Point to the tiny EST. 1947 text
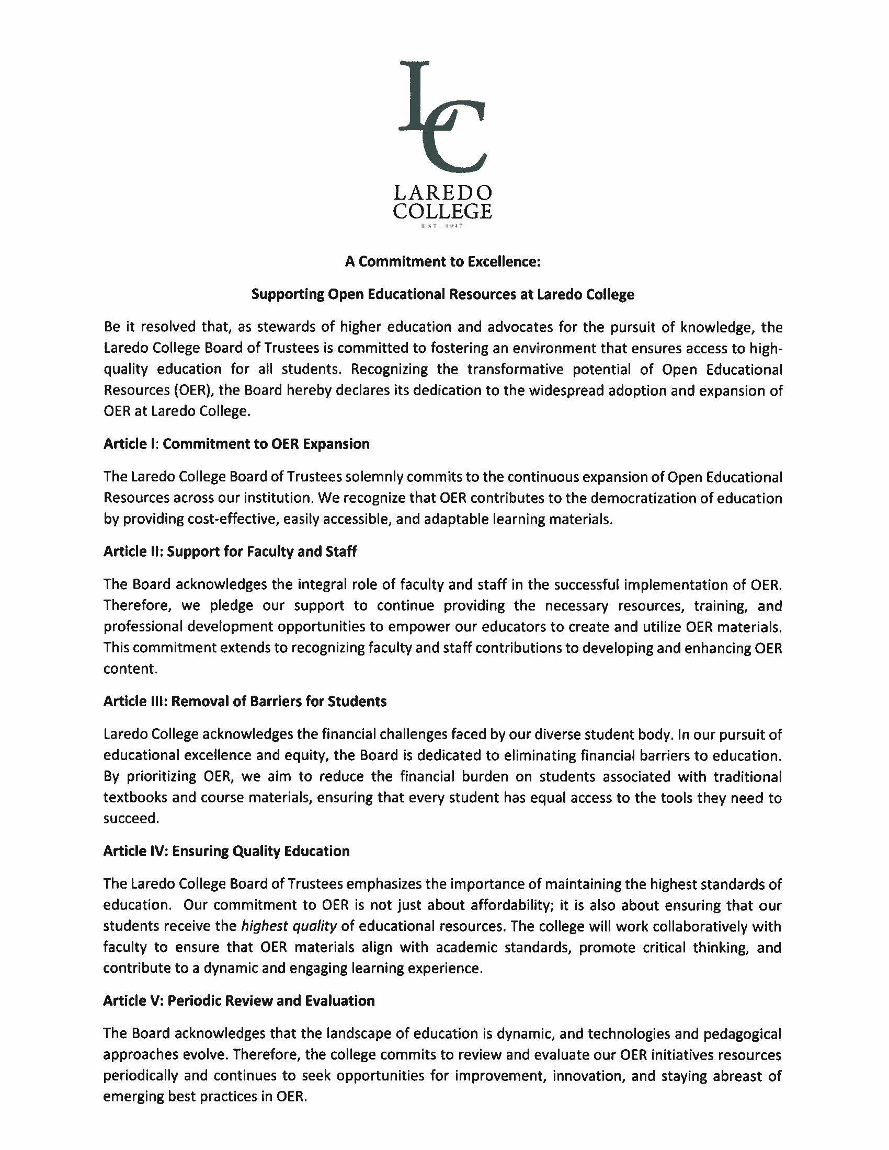(442, 226)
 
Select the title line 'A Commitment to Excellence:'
(443, 262)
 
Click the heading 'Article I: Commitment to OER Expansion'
(236, 444)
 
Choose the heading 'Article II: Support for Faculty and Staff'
(230, 551)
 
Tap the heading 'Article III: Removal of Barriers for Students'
(245, 701)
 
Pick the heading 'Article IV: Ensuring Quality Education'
(226, 851)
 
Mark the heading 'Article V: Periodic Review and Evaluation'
(239, 1000)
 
